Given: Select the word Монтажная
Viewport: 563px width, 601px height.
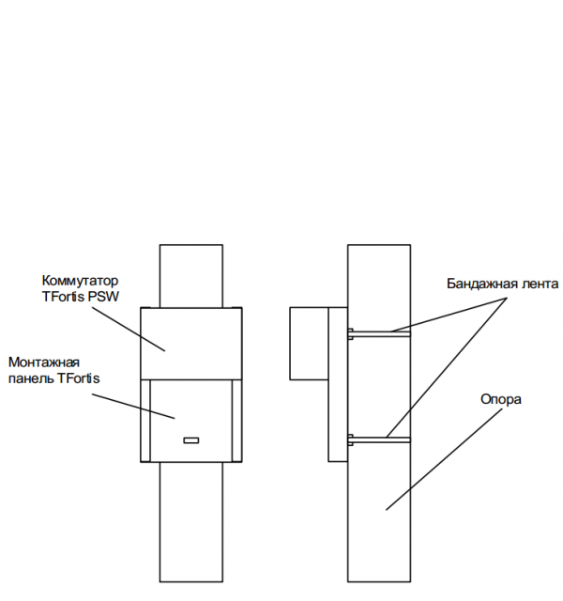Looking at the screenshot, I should [44, 362].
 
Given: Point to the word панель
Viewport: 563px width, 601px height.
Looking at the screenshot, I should [30, 378].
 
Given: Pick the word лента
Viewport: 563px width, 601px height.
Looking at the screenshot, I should [538, 283].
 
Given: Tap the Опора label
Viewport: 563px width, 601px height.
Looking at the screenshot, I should [500, 399].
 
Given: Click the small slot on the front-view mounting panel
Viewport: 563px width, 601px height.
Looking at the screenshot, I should [190, 439].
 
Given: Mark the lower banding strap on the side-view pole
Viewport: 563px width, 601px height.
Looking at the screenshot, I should [380, 438].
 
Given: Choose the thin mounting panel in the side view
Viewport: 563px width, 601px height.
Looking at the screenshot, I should [338, 385].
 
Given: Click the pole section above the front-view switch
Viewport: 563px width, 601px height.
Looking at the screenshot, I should [190, 275].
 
